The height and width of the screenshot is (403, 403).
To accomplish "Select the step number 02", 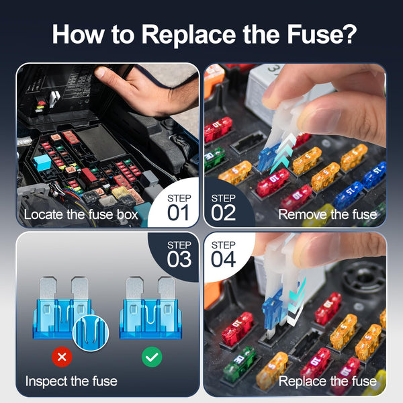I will coord(224,212).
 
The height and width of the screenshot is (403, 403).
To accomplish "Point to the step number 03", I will coord(179,259).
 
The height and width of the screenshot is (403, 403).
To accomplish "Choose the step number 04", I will coord(224,259).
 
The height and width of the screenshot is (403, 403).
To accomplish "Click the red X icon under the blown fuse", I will coord(62,357).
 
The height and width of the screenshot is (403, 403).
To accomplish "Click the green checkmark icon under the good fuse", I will coord(151,357).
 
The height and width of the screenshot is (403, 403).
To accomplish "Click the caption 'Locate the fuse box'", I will coord(81,215).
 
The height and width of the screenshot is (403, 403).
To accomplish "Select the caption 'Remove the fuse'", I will coord(327,215).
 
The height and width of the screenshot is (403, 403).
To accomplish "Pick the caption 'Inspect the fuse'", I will coord(71,382).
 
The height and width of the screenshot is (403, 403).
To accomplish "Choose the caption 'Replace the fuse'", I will coord(327,382).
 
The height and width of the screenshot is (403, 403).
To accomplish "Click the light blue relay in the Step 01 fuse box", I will coord(43,162).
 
